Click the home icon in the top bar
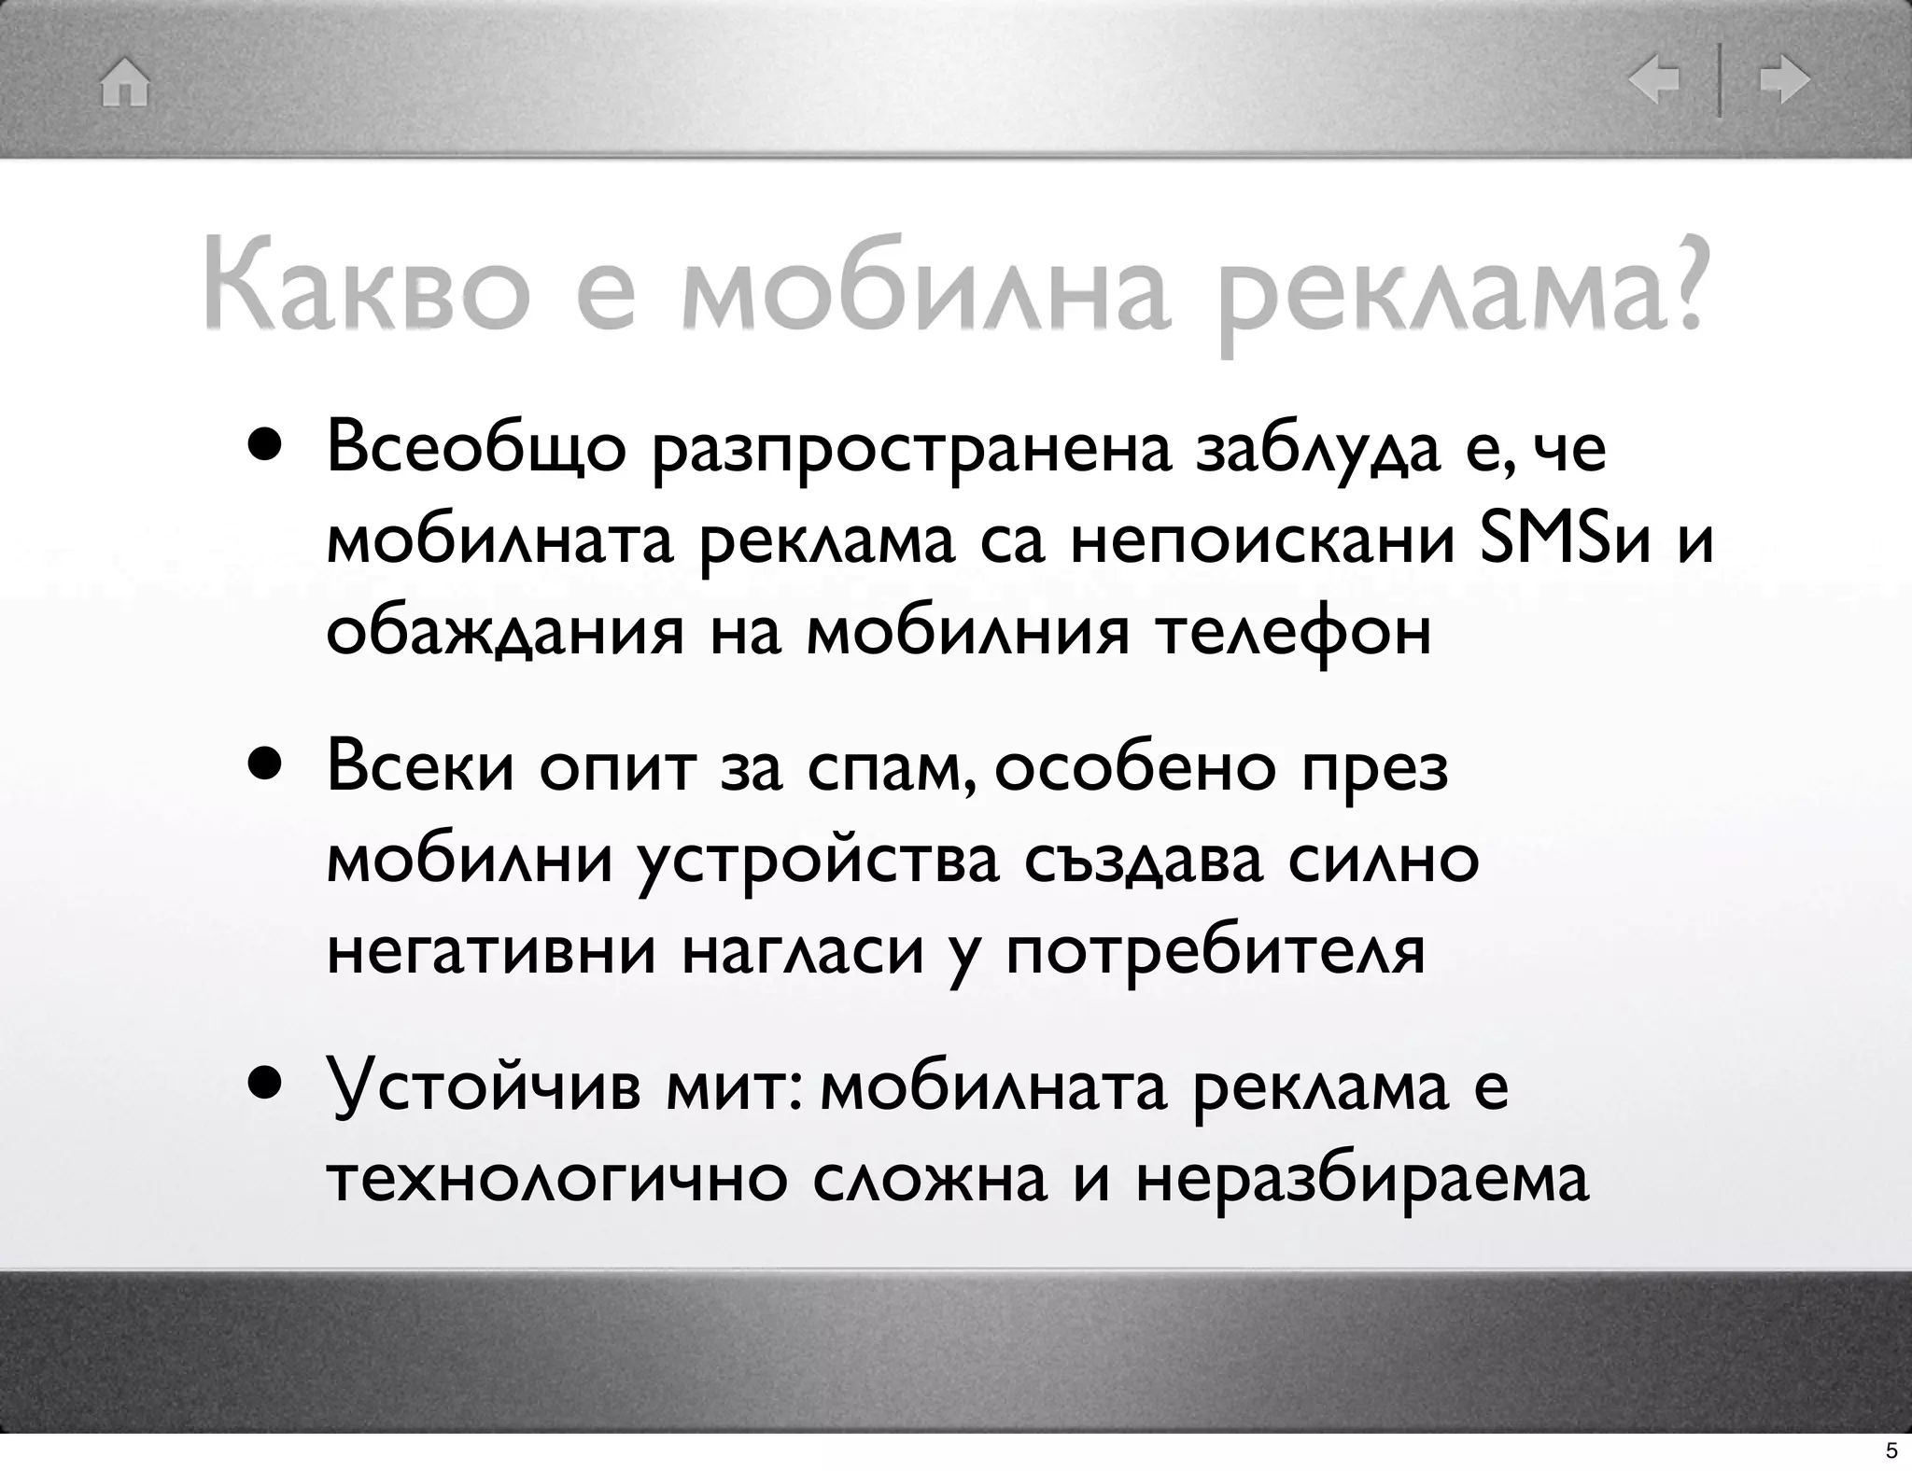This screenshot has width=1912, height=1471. (x=125, y=83)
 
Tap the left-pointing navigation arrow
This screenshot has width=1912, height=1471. (x=1653, y=81)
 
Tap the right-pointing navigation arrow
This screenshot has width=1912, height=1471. (x=1784, y=81)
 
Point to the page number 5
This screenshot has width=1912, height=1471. (x=1891, y=1450)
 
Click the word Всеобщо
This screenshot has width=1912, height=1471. (x=476, y=450)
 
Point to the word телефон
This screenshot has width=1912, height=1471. (x=1293, y=633)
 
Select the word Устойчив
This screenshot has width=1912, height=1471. (x=484, y=1088)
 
